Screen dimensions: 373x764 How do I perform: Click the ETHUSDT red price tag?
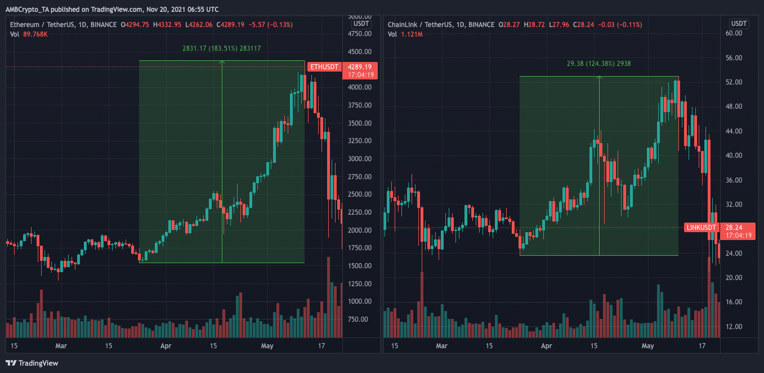pos(325,67)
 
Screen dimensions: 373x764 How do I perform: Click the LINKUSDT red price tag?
pos(702,228)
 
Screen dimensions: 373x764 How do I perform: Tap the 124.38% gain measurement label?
pos(598,64)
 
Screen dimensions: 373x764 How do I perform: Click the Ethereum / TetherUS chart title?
pos(62,25)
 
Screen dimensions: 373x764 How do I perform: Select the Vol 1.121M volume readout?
pos(404,35)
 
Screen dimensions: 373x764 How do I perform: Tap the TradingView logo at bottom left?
pos(32,363)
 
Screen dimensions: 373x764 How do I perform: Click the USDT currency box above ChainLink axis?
pos(738,23)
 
